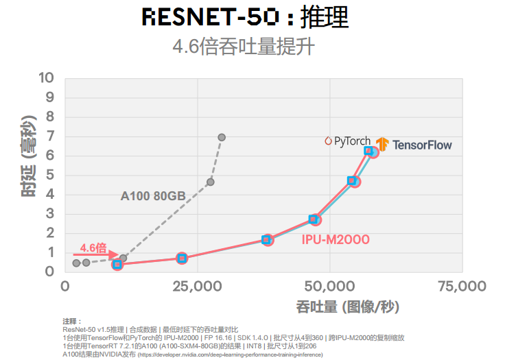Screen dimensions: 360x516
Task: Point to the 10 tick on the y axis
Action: (46, 77)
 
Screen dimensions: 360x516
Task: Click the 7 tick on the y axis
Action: (49, 136)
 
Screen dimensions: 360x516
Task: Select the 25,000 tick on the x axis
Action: (198, 285)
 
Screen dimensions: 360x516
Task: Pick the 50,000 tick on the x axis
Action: (330, 285)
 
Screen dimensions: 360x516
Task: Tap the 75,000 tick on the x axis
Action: (461, 285)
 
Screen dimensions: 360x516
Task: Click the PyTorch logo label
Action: (348, 141)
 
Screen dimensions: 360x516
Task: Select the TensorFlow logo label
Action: (413, 145)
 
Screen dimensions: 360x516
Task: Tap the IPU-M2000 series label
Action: (336, 239)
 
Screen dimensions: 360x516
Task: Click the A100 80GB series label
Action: (153, 196)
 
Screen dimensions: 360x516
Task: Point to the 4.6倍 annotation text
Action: (93, 248)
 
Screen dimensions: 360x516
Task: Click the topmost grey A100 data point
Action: (222, 137)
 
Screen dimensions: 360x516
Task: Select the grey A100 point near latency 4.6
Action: (211, 182)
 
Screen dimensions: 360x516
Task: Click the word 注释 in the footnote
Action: (71, 321)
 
